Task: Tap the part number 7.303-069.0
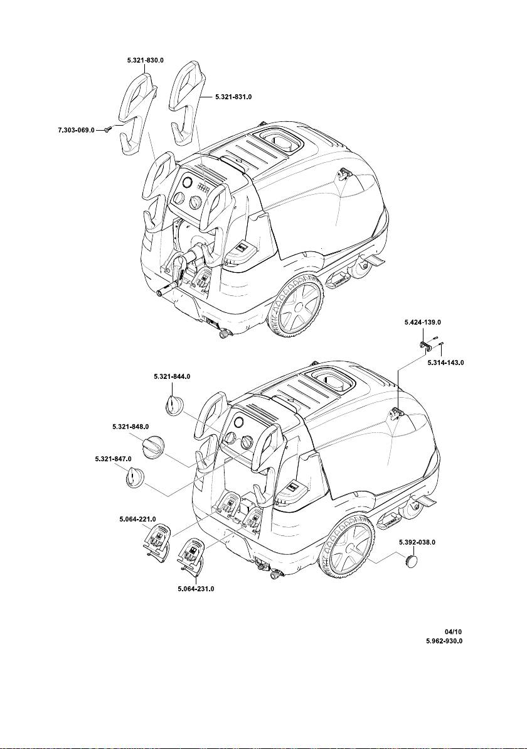[72, 130]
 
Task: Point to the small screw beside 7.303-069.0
[108, 129]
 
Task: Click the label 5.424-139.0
[422, 321]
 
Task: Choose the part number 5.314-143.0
[445, 363]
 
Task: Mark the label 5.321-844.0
[171, 376]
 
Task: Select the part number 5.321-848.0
[131, 427]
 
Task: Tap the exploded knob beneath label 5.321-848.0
[153, 448]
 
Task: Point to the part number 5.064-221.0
[137, 519]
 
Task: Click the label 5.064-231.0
[196, 589]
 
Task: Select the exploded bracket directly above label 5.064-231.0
[191, 556]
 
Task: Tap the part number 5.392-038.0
[417, 541]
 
